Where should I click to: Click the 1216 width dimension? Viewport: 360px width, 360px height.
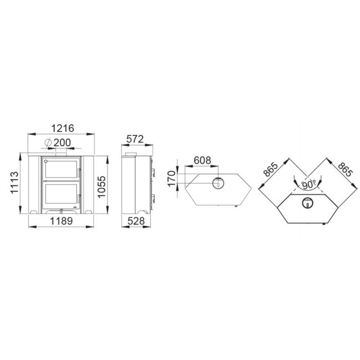(x=63, y=128)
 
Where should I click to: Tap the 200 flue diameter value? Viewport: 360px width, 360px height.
(x=62, y=143)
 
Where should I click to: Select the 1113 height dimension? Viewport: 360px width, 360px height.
(x=14, y=183)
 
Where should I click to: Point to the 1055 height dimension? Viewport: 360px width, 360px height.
(x=101, y=187)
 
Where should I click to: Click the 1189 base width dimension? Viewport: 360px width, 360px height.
(x=61, y=221)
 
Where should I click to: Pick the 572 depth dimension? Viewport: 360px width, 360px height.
(x=135, y=139)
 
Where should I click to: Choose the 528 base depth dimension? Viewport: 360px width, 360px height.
(x=136, y=221)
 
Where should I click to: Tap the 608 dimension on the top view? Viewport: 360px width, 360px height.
(x=202, y=160)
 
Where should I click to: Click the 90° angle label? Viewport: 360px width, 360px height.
(x=309, y=185)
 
